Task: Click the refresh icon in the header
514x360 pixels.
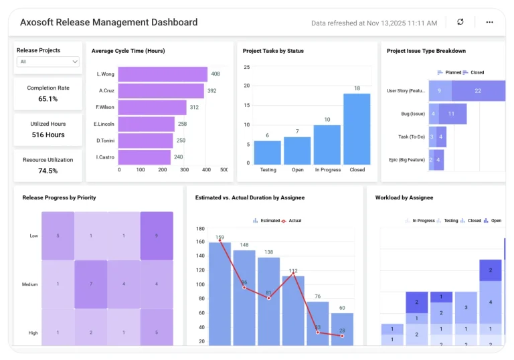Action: coord(460,22)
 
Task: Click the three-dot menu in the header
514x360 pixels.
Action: coord(489,22)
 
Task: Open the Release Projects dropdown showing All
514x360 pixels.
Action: coord(48,62)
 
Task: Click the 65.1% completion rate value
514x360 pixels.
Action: coord(48,99)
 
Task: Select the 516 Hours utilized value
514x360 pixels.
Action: coord(48,135)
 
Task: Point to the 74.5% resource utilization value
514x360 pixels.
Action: coord(48,171)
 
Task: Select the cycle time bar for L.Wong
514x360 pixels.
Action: coord(163,74)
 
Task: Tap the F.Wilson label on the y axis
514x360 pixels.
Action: coord(105,107)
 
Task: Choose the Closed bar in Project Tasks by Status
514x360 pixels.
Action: coord(357,129)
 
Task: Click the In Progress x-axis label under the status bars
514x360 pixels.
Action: coord(327,170)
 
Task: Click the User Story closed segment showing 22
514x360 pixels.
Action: coord(478,91)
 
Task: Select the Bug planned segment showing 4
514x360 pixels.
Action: coord(433,114)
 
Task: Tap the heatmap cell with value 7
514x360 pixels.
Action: coord(91,284)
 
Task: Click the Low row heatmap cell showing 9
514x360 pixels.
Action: coord(157,236)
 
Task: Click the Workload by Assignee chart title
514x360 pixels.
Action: coord(404,198)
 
